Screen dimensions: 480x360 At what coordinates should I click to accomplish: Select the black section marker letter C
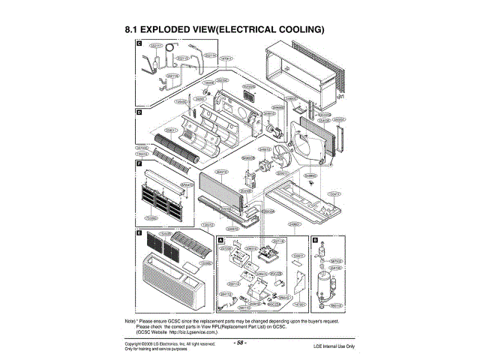click(139, 45)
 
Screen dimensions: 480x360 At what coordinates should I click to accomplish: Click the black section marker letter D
click(139, 112)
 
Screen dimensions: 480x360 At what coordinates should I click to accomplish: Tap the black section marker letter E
click(139, 234)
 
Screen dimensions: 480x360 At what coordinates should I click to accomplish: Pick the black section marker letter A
click(220, 240)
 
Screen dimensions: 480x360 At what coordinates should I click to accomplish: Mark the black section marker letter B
click(315, 240)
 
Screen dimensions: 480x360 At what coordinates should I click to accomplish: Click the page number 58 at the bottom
click(240, 343)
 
